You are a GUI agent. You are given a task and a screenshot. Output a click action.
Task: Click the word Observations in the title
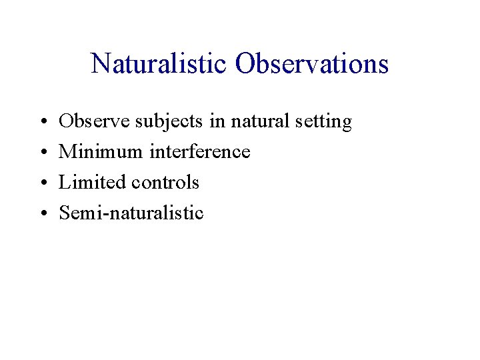[x=311, y=64]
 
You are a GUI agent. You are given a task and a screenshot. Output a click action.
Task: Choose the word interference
[x=199, y=153]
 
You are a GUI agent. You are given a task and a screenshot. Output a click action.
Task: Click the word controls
[x=166, y=183]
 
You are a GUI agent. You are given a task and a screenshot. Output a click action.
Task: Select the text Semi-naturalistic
[x=131, y=213]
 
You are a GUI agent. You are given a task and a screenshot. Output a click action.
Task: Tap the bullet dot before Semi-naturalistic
[x=41, y=214]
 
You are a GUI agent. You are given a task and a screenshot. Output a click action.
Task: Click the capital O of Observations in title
[x=245, y=64]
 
